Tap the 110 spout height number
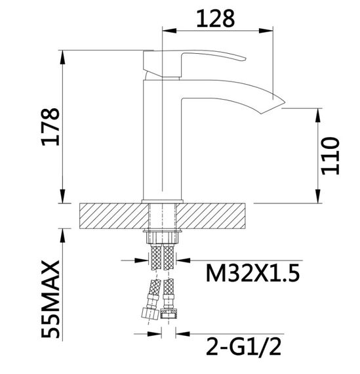tap(329, 156)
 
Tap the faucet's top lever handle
tap(197, 60)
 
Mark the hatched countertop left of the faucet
tap(111, 215)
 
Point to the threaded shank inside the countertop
tap(162, 215)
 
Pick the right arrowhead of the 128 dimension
tap(270, 30)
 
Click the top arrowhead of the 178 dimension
tap(63, 56)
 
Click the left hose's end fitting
tap(150, 314)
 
